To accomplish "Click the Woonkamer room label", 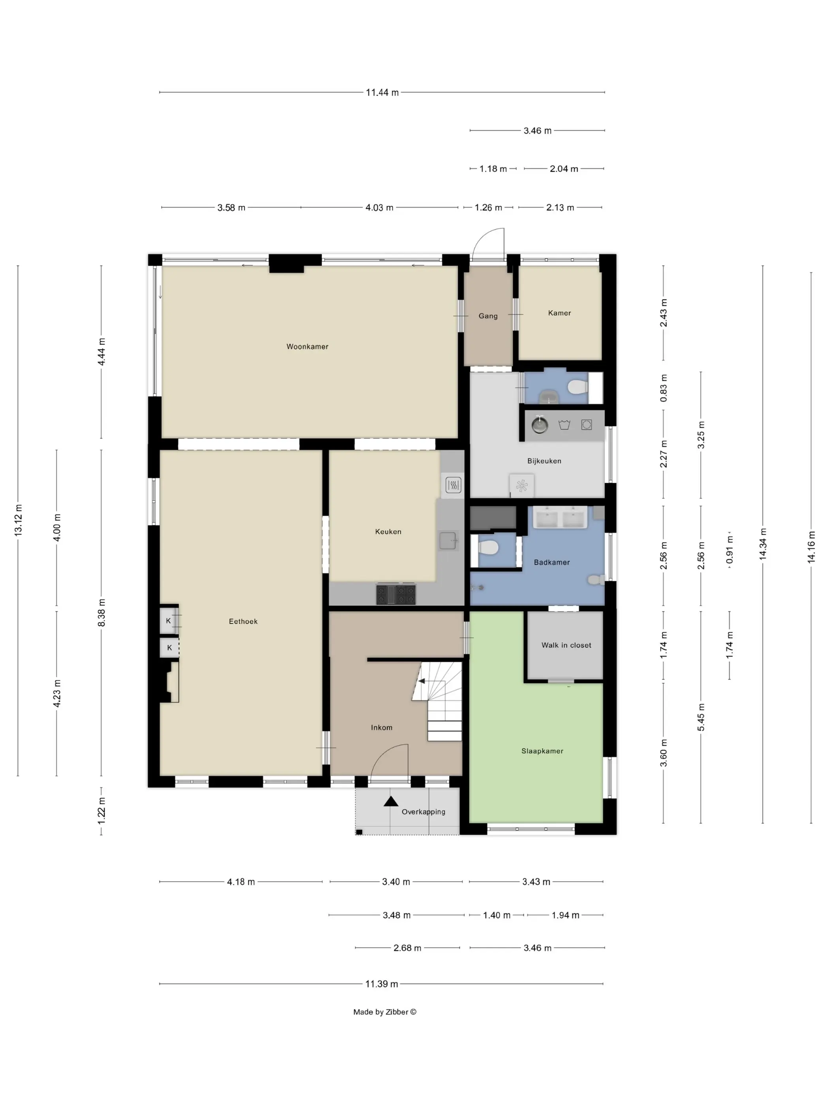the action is (307, 346).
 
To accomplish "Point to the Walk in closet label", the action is (566, 645).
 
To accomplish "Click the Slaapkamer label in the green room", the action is (542, 751).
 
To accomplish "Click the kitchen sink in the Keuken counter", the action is (448, 541).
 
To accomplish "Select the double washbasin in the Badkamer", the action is (560, 517).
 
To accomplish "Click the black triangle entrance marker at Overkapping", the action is (391, 802).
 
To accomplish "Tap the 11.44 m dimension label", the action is (382, 92).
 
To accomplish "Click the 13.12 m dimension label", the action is (19, 521).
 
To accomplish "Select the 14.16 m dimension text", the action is (810, 547).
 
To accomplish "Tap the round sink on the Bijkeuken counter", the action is (539, 425).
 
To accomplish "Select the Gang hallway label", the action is (488, 316).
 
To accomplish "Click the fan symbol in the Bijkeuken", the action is (521, 485).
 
